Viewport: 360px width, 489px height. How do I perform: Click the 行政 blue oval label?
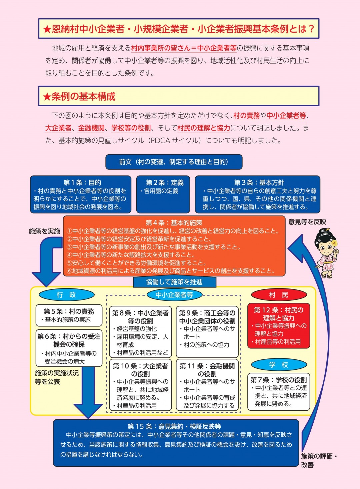point(66,295)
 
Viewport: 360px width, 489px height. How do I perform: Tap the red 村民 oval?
point(279,295)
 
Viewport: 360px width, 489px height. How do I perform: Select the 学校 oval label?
point(279,365)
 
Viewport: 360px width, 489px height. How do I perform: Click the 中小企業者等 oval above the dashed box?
point(174,295)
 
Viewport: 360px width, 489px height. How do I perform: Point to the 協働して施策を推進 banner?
point(175,282)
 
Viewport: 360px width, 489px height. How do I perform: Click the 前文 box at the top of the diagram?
point(174,162)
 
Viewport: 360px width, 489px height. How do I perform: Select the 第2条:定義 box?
point(163,194)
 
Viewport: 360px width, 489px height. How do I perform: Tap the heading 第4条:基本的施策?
point(174,223)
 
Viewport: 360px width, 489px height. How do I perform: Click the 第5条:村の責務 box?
point(69,315)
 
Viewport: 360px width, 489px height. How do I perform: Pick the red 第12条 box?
point(279,325)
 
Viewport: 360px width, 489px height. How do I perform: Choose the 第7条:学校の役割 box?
point(279,392)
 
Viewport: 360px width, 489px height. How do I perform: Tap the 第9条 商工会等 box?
point(207,331)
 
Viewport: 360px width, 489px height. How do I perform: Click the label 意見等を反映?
point(307,222)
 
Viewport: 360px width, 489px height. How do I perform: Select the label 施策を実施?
point(44,231)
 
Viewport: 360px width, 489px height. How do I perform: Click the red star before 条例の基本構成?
point(47,97)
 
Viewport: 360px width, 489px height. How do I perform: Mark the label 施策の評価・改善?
point(319,460)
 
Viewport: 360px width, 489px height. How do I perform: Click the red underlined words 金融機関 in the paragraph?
point(91,128)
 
